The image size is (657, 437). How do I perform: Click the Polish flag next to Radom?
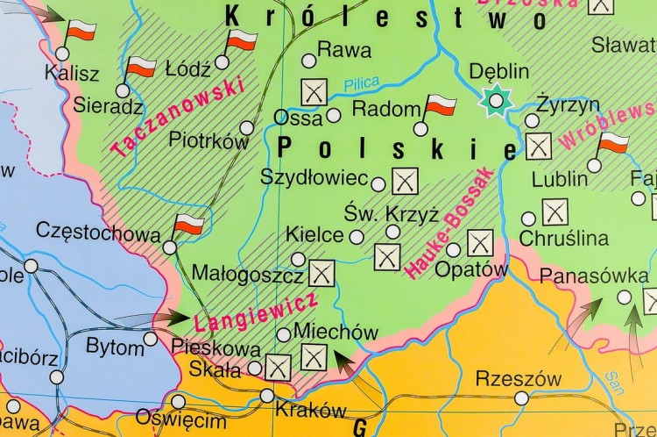pos(441,107)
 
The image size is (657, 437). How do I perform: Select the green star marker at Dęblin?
pos(497,100)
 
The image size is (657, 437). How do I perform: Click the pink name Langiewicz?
pos(256,310)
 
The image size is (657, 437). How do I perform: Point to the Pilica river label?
pos(361,83)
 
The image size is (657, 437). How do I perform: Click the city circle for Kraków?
pos(267,396)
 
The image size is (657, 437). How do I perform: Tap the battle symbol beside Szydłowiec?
pos(405,181)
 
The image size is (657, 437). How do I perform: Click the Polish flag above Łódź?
pos(242,40)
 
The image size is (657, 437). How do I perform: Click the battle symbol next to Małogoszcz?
pos(321,274)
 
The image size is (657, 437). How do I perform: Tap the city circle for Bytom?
pos(151,339)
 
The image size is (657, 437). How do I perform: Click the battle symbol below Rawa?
pos(314,90)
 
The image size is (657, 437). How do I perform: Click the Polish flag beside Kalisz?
pos(81,32)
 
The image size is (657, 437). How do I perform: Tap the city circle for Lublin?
pos(595,165)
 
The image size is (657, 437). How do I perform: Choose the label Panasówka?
pos(588,276)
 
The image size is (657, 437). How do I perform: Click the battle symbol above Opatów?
pos(479,243)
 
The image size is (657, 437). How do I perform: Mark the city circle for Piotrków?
pos(246,128)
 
